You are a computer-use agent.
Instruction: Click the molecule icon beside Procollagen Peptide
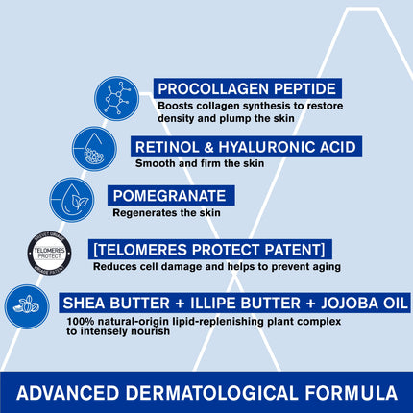point(116,98)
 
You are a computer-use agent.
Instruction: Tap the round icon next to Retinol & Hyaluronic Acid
point(95,148)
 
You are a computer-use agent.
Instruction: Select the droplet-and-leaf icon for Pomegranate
point(72,199)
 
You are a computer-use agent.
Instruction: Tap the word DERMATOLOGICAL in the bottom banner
point(214,392)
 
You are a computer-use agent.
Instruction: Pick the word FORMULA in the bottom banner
point(349,392)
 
